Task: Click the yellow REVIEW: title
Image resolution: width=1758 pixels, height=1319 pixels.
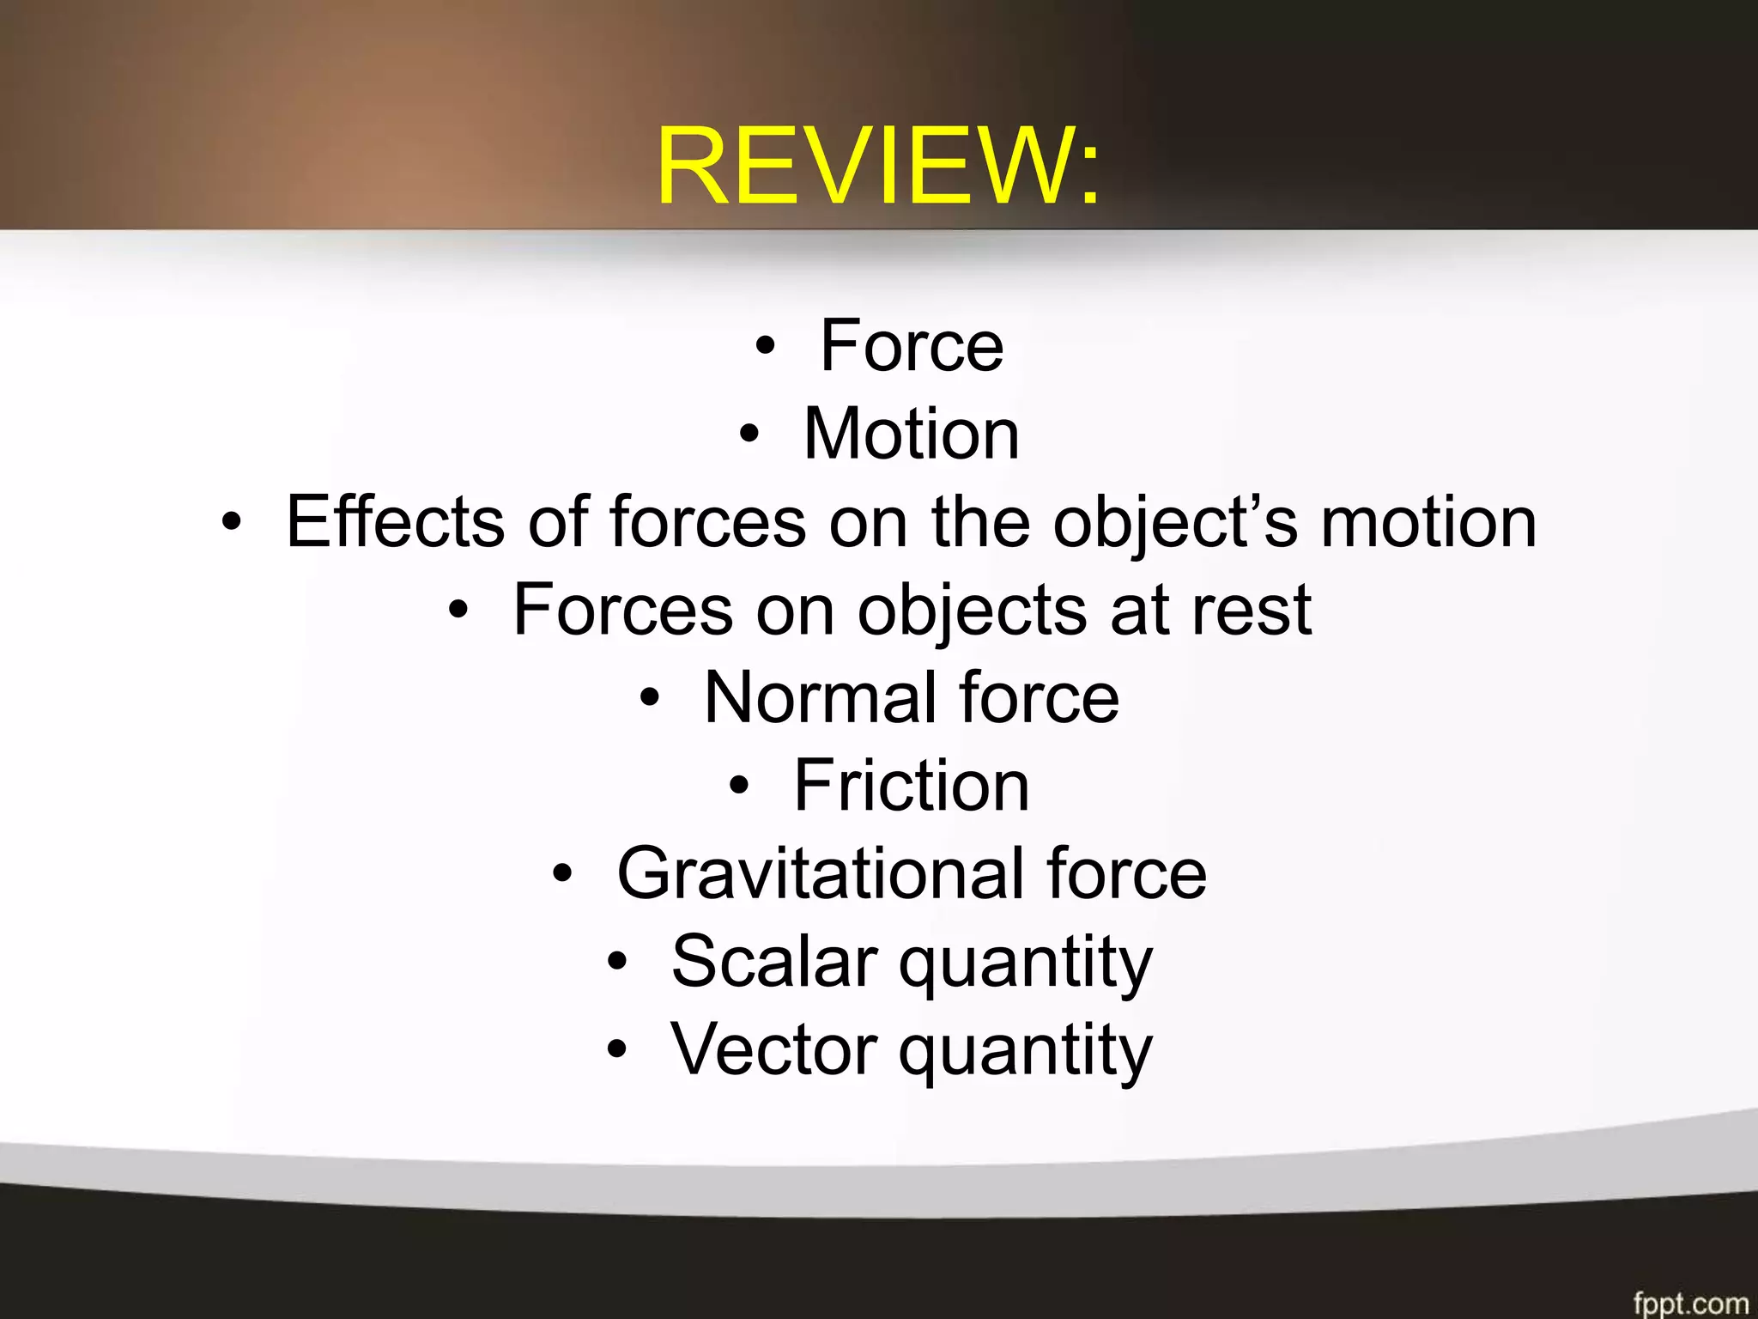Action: click(x=877, y=167)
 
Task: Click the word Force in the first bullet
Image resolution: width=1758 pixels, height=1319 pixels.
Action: click(x=912, y=346)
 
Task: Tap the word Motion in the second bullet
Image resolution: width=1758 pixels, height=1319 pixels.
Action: click(x=912, y=435)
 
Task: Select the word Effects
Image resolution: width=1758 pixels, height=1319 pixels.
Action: click(x=395, y=521)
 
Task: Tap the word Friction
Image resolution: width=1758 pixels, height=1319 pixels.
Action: click(x=912, y=786)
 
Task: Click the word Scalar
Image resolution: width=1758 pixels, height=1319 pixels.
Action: click(x=774, y=962)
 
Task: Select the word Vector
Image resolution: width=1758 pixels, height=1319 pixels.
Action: click(x=774, y=1049)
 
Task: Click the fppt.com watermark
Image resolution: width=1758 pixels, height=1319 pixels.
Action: click(x=1689, y=1303)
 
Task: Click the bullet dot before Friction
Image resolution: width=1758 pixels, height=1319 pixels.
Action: click(x=739, y=786)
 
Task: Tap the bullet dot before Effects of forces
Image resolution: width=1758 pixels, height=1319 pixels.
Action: click(x=231, y=522)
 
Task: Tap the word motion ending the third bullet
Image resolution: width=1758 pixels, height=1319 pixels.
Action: click(x=1428, y=522)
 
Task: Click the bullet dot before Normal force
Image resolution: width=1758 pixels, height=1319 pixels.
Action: click(x=650, y=698)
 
